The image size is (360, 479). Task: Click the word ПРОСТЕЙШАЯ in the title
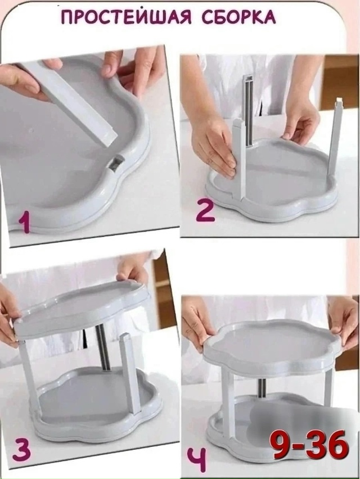tap(126, 18)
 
